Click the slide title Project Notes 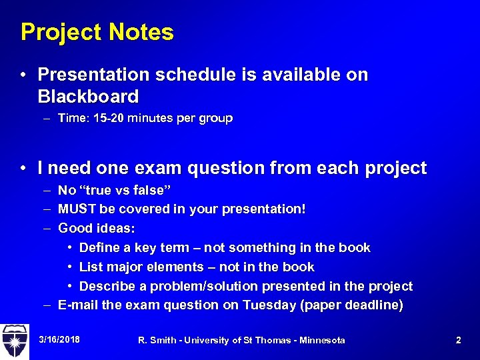coord(97,32)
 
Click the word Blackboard coord(89,97)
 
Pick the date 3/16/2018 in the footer coord(59,340)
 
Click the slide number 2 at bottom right coord(458,340)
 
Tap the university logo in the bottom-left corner coord(15,340)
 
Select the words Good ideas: coord(96,229)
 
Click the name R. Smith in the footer coord(156,341)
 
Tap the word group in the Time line coord(215,119)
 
